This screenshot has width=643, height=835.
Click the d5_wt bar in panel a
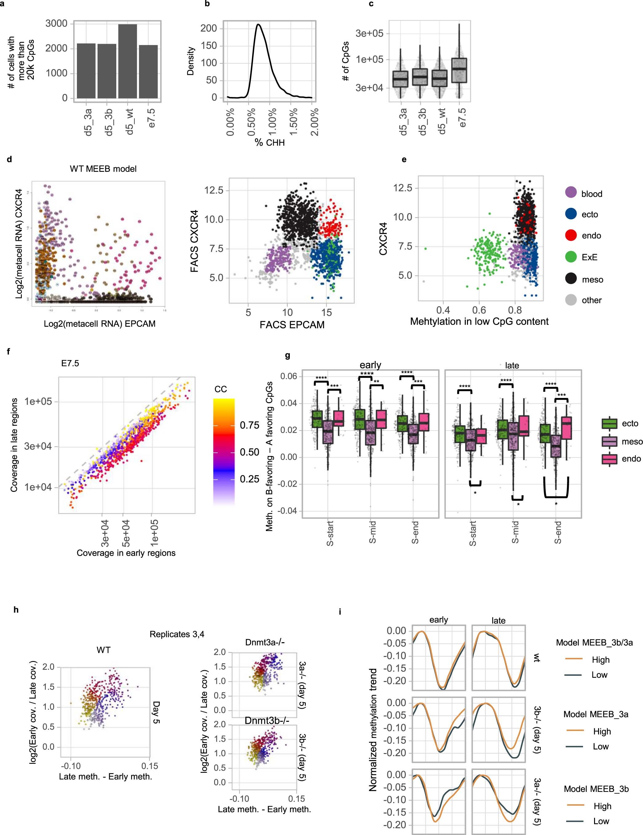point(128,61)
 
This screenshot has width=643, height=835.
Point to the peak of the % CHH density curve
point(258,25)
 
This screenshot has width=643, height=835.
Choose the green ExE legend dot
point(570,257)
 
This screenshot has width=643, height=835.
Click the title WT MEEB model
point(103,168)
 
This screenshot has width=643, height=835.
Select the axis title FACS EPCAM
point(292,325)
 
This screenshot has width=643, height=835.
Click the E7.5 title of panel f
point(70,363)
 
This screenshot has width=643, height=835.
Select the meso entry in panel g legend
point(632,442)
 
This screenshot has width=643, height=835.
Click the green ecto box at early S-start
point(317,419)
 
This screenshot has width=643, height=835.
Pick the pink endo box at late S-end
point(566,428)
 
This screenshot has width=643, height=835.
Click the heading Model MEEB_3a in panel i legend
point(596,714)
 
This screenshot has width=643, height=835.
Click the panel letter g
point(287,355)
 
